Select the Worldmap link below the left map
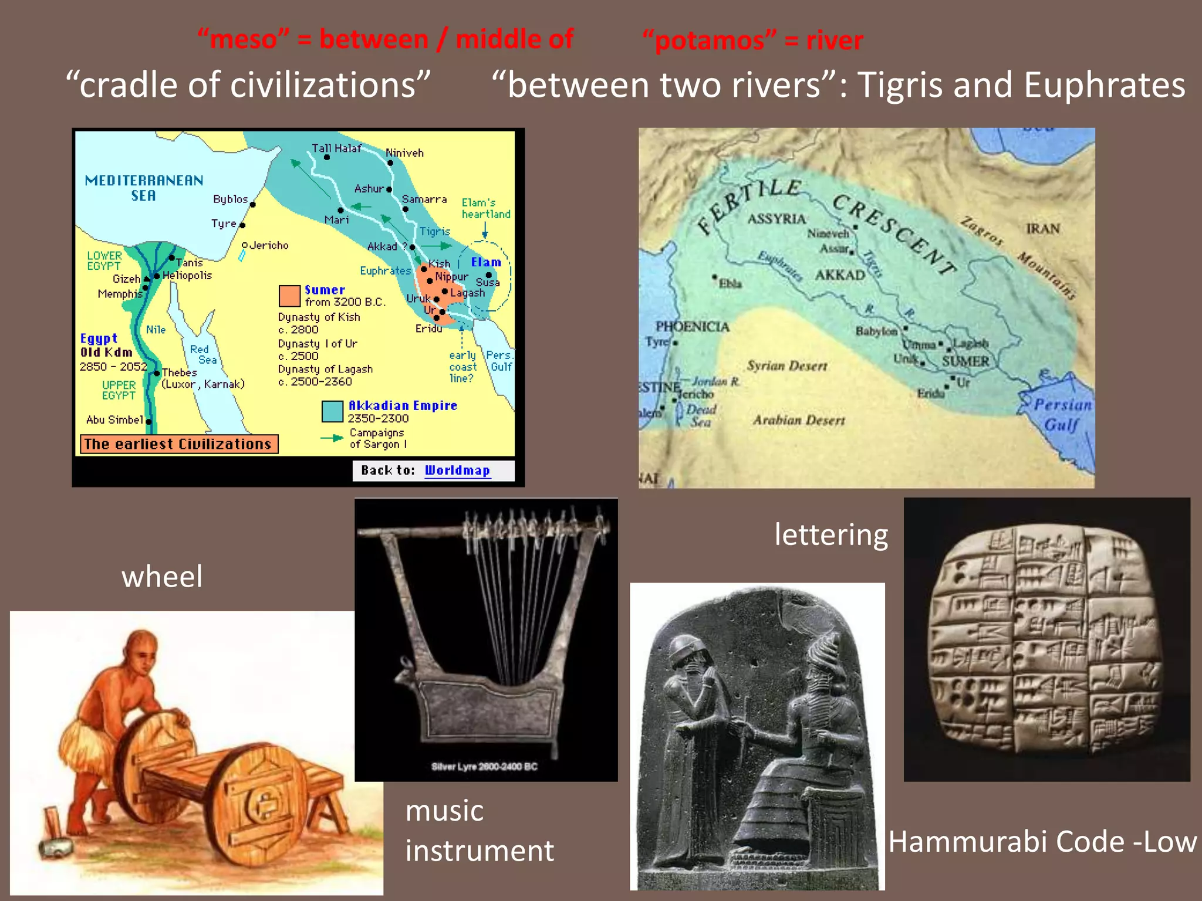(457, 470)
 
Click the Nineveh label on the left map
(404, 153)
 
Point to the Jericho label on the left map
(269, 245)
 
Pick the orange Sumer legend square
(289, 296)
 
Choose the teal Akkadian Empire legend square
(332, 411)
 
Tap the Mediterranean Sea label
(144, 188)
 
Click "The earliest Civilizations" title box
(178, 444)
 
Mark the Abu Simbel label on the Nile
(114, 419)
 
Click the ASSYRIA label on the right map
(776, 219)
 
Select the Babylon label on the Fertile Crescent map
(876, 331)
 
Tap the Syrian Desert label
(787, 366)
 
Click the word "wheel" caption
(162, 576)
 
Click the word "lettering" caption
(831, 534)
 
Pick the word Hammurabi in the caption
(968, 842)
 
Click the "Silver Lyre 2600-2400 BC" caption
(484, 766)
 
